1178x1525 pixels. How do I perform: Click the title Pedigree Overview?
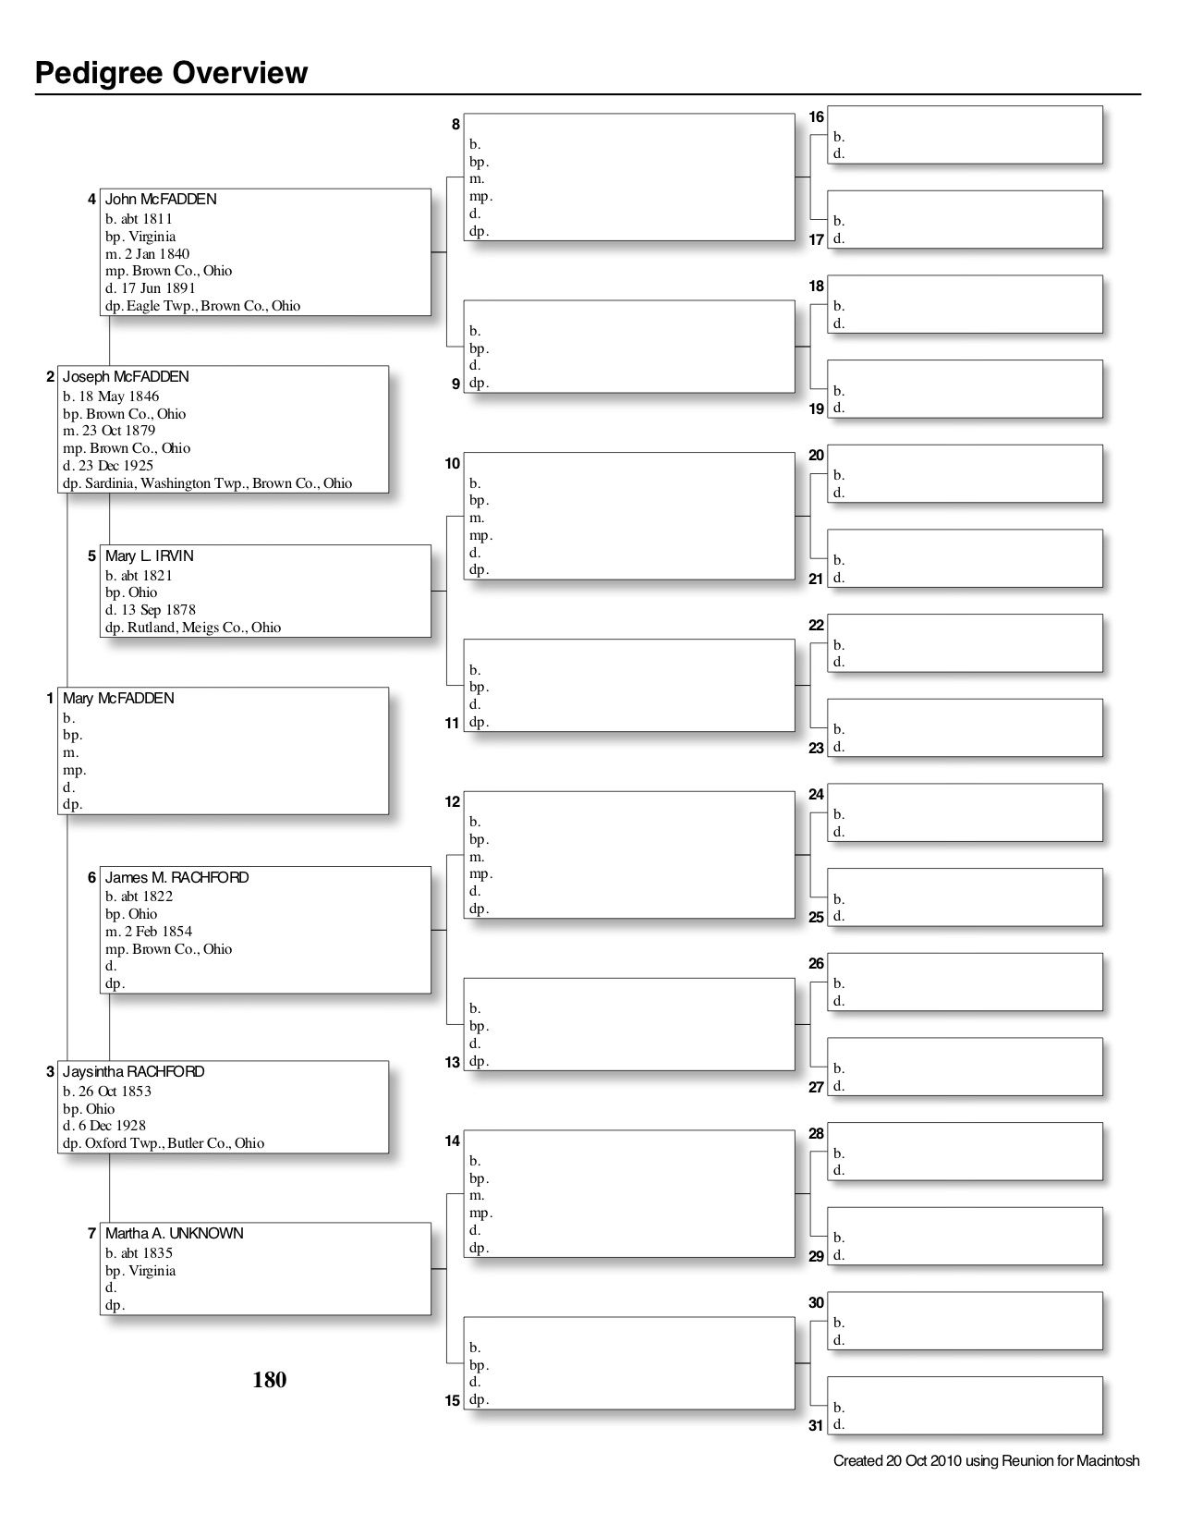[x=171, y=73]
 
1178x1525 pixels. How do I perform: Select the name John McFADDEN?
[x=161, y=200]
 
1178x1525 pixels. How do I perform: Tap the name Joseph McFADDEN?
[x=126, y=377]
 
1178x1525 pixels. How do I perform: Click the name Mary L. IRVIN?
[x=150, y=556]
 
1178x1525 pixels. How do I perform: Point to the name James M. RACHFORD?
[x=176, y=878]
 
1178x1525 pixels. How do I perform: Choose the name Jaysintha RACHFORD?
[x=134, y=1072]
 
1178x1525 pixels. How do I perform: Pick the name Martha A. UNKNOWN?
[x=175, y=1234]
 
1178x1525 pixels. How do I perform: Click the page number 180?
[x=270, y=1380]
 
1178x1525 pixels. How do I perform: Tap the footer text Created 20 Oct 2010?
[x=986, y=1461]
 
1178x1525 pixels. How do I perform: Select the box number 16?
[x=817, y=117]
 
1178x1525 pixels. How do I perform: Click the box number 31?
[x=816, y=1425]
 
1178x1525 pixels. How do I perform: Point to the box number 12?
[x=453, y=802]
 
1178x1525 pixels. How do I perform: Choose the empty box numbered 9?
[x=628, y=347]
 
